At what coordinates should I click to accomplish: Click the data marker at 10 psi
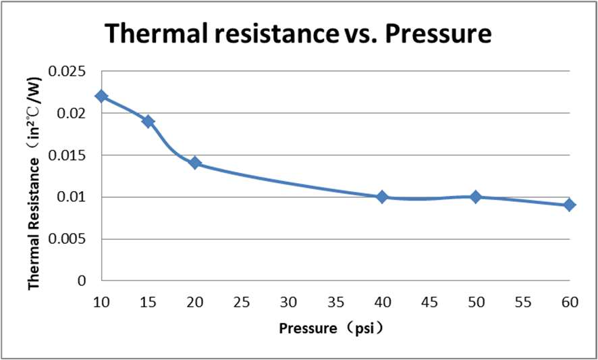[x=101, y=96]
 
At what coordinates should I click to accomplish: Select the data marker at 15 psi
[x=148, y=122]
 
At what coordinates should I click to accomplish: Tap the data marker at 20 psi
[x=195, y=163]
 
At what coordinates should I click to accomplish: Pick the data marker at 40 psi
[x=382, y=197]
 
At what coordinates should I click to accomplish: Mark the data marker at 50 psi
[x=476, y=197]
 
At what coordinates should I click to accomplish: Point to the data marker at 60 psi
[x=570, y=205]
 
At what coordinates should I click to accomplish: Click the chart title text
[x=297, y=34]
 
